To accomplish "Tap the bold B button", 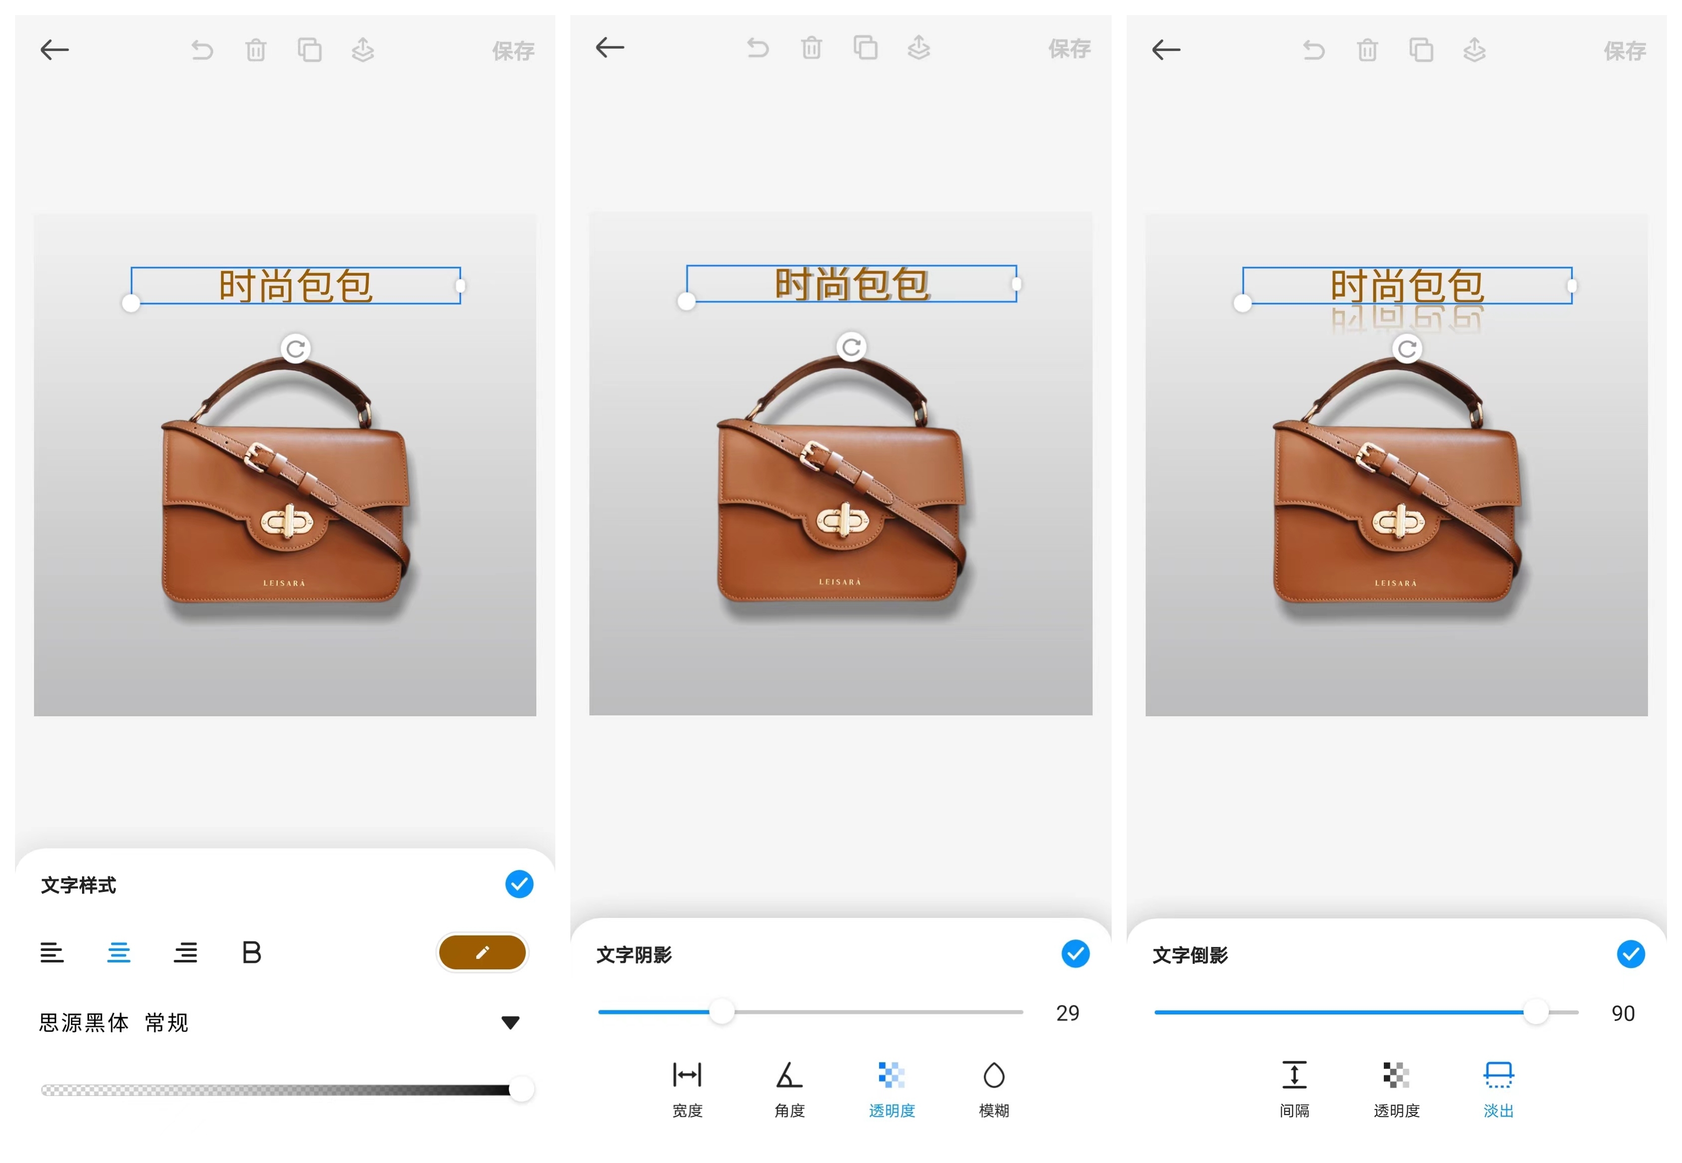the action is [x=252, y=952].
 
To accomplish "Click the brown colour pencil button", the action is [x=482, y=952].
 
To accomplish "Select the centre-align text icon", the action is [x=119, y=952].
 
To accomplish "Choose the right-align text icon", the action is [x=185, y=952].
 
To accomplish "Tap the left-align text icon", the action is [x=52, y=952].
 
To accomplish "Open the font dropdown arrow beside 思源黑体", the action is [x=510, y=1023].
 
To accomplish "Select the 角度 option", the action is [x=789, y=1089].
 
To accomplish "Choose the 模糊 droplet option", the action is [x=994, y=1089].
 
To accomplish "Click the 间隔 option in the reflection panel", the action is [x=1294, y=1089].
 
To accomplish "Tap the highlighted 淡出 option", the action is [x=1498, y=1089].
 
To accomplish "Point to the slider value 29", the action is [x=1068, y=1013].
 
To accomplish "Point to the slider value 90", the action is [x=1623, y=1013].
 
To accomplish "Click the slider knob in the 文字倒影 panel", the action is [x=1535, y=1012].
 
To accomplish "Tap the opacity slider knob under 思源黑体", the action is [x=521, y=1089].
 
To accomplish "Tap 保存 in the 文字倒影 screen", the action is [x=1624, y=51].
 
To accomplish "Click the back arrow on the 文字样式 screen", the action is [x=55, y=50].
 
